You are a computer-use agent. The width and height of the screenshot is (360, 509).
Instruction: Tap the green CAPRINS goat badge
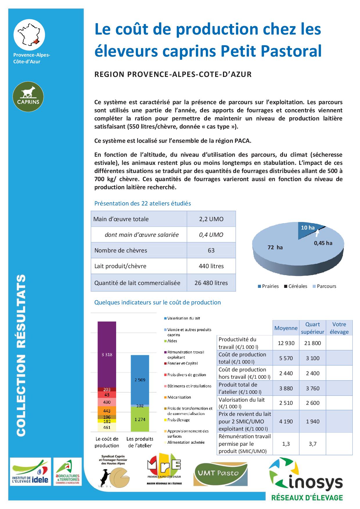28,97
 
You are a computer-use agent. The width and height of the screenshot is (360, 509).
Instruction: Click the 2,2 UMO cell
211,219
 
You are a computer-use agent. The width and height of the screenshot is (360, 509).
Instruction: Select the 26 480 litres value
211,283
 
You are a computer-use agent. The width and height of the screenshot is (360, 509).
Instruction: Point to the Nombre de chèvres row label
121,250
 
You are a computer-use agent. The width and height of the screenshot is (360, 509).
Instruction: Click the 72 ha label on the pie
275,248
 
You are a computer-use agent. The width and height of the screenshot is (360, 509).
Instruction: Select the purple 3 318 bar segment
107,354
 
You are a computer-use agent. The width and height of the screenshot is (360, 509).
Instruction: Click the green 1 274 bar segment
140,419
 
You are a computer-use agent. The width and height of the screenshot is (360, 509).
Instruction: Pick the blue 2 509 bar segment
140,380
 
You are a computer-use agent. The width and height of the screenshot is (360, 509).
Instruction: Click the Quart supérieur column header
312,328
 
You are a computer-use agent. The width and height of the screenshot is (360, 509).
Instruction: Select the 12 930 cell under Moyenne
286,343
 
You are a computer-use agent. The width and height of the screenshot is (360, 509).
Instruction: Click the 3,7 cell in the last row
312,444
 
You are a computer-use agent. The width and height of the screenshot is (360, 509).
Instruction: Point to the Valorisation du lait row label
242,403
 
